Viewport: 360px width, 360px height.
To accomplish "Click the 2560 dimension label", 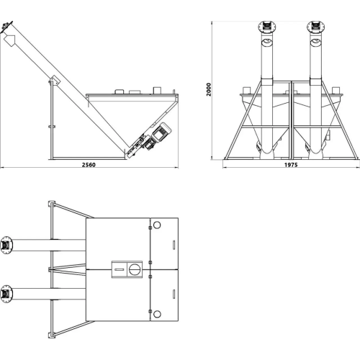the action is click(x=89, y=165).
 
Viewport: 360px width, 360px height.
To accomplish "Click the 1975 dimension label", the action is click(x=291, y=165).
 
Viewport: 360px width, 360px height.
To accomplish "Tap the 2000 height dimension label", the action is click(x=209, y=89).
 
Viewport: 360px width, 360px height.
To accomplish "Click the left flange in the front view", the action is click(x=267, y=26).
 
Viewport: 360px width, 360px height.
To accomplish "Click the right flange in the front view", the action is click(x=316, y=26).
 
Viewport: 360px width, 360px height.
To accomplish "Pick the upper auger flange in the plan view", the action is click(x=6, y=245).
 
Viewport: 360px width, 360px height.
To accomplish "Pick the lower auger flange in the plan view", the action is click(x=6, y=294).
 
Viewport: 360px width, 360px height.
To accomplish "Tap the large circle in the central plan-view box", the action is click(x=134, y=269).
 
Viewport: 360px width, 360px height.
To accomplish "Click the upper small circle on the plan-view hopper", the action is click(x=157, y=225).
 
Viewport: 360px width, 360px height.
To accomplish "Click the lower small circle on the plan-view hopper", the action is click(x=157, y=314).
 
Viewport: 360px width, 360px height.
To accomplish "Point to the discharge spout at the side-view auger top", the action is click(x=9, y=40).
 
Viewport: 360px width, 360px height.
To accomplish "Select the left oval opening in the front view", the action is click(x=267, y=42).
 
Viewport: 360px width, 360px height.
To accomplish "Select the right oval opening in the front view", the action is click(x=316, y=42).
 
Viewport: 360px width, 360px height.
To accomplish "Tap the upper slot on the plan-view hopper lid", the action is click(x=174, y=245).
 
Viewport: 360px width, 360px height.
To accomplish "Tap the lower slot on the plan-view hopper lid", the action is click(x=174, y=294).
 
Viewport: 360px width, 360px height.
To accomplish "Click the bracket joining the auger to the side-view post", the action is click(x=54, y=81).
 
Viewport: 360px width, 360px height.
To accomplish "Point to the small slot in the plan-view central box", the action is click(x=120, y=269).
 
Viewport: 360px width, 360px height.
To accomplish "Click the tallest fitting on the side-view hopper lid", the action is click(x=157, y=91).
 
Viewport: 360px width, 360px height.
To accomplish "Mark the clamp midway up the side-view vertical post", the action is click(x=52, y=127).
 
